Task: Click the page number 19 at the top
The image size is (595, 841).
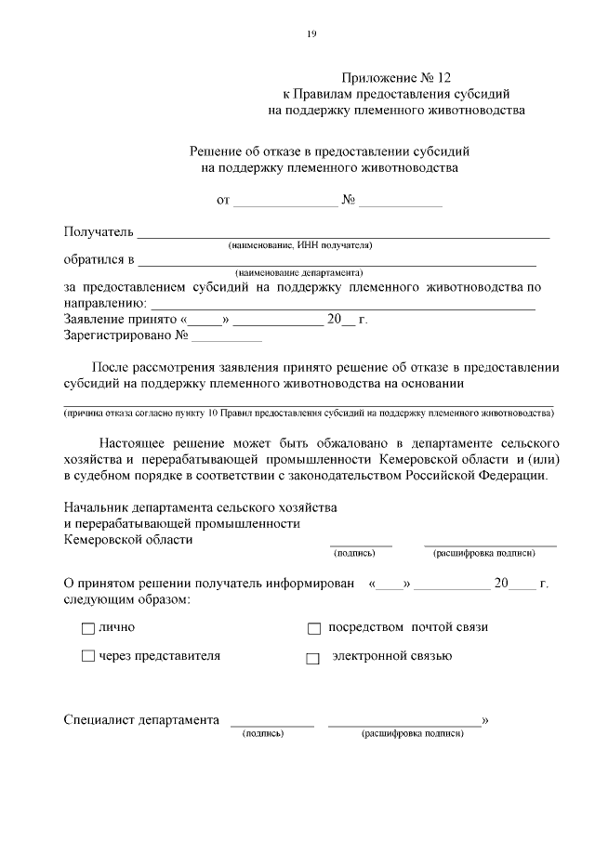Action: point(311,34)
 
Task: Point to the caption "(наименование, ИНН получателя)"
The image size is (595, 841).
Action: point(300,245)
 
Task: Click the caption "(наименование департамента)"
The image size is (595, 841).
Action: point(298,273)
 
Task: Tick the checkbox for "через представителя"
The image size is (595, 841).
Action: point(88,657)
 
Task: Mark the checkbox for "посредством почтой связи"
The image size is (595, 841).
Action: point(313,629)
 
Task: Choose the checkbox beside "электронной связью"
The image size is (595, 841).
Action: point(313,659)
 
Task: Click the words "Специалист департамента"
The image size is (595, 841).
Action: point(141,720)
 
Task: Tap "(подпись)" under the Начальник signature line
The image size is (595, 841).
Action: point(354,553)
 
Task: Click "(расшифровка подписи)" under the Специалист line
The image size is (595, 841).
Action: point(413,734)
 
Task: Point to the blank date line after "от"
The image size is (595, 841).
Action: point(285,202)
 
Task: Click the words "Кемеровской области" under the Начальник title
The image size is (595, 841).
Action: point(128,539)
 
